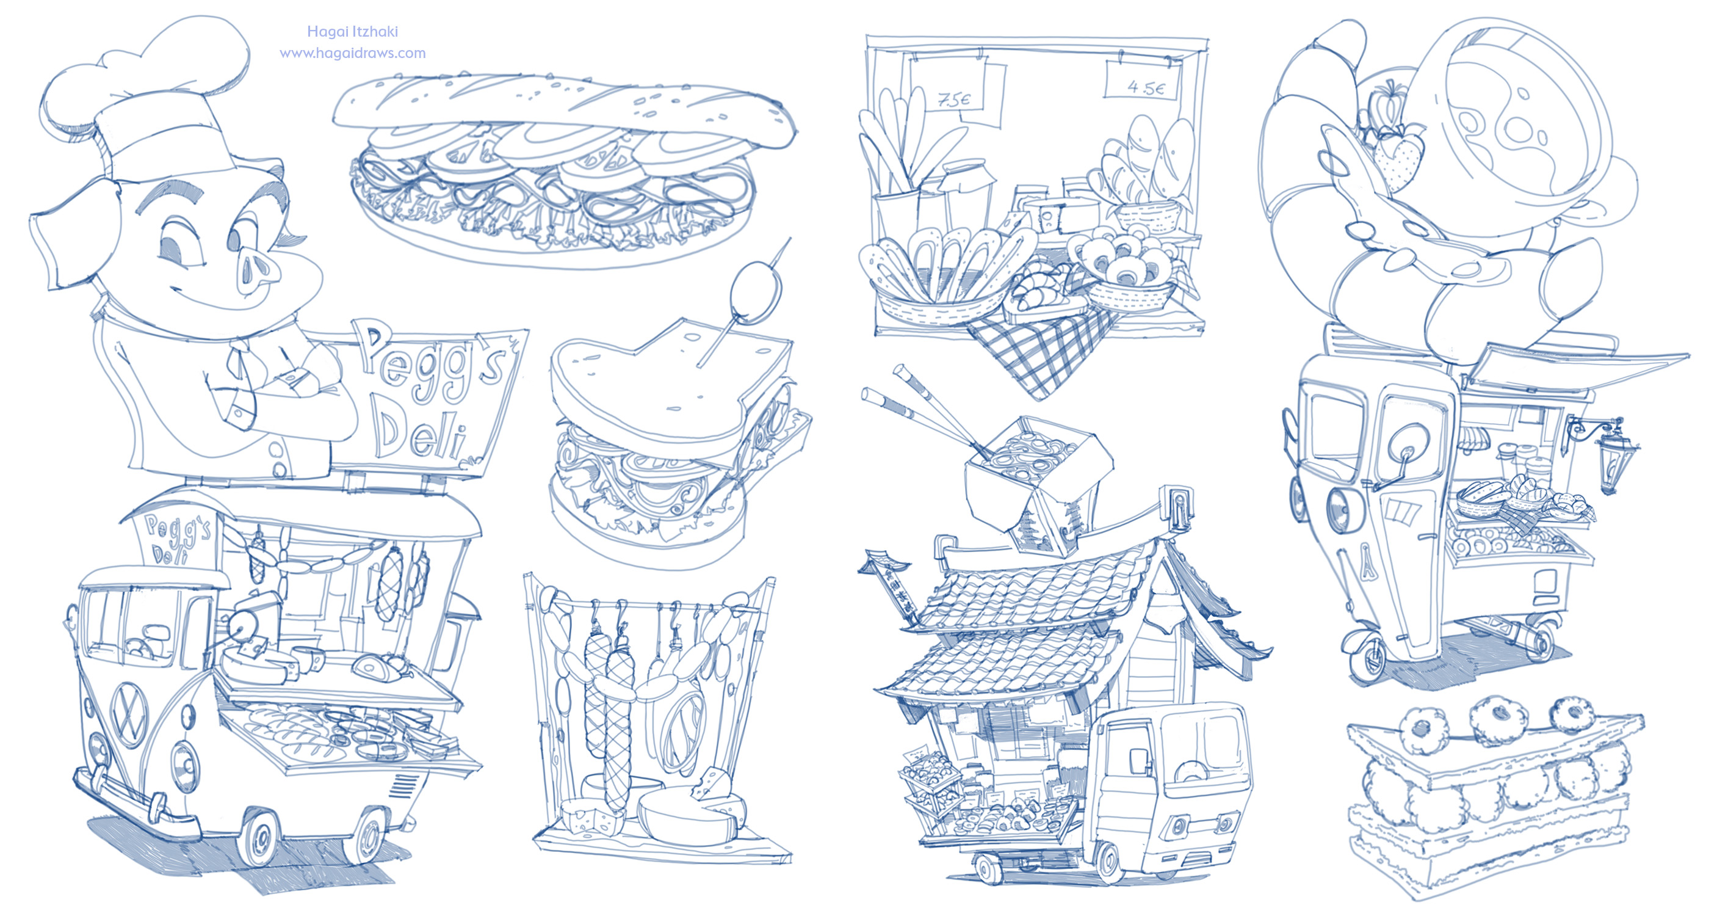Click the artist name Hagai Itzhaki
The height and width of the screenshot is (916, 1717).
click(x=352, y=31)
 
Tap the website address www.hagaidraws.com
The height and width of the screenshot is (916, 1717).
click(x=352, y=53)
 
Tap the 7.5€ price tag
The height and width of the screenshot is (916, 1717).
click(x=955, y=100)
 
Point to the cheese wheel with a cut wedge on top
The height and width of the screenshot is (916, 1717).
click(x=690, y=810)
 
